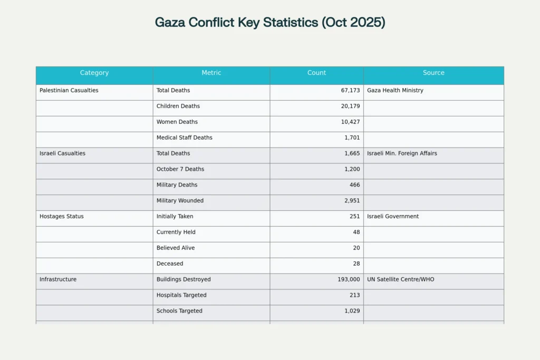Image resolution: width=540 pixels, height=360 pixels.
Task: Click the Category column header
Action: coord(94,73)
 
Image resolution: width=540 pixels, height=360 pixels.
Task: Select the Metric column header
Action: coord(211,73)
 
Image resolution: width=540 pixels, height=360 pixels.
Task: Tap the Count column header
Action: coord(316,73)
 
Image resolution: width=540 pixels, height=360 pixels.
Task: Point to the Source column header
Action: coord(433,73)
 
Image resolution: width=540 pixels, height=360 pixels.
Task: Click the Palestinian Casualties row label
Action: coord(69,90)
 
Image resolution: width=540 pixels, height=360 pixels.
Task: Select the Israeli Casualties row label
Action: coord(62,153)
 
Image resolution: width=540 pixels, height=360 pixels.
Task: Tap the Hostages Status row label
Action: coord(61,216)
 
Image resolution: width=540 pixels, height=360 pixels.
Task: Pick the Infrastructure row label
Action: coord(58,279)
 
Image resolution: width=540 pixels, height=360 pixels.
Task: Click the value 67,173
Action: coord(350,90)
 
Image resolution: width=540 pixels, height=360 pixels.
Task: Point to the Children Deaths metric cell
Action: coord(178,106)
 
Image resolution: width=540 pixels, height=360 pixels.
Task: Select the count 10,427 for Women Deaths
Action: coord(350,122)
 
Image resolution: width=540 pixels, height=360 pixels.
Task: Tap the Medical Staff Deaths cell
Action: coord(185,138)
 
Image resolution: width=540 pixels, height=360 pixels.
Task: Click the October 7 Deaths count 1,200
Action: coord(352,169)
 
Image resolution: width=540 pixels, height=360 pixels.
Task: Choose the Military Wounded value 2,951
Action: coord(352,200)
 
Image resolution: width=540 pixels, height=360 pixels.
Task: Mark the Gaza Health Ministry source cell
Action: coord(395,90)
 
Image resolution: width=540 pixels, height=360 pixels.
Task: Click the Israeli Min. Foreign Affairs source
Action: coord(402,153)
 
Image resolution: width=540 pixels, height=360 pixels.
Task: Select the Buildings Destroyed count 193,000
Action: coord(349,279)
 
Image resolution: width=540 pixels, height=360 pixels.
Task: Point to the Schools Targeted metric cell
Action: coord(179,311)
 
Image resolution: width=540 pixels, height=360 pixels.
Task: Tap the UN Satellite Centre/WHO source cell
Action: coord(401,279)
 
